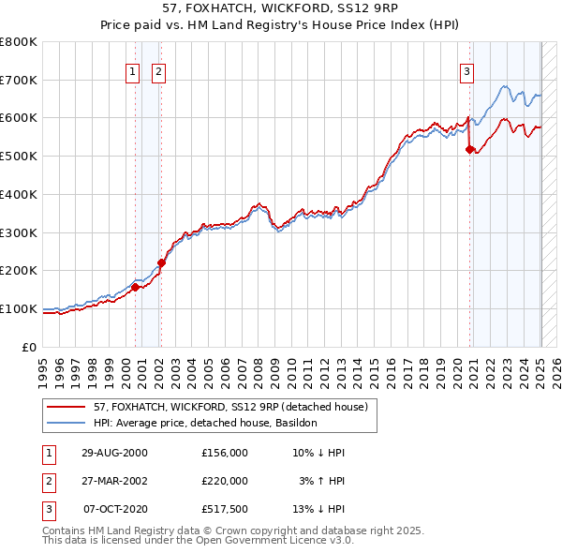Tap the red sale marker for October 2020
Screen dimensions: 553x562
click(470, 148)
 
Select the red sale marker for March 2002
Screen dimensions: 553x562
click(161, 262)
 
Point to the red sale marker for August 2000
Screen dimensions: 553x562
click(135, 287)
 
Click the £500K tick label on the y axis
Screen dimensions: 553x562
click(18, 156)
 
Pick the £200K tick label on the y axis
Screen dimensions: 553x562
click(18, 270)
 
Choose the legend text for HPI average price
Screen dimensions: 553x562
click(205, 423)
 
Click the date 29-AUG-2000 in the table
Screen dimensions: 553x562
click(115, 453)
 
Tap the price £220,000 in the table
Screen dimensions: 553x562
click(225, 481)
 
